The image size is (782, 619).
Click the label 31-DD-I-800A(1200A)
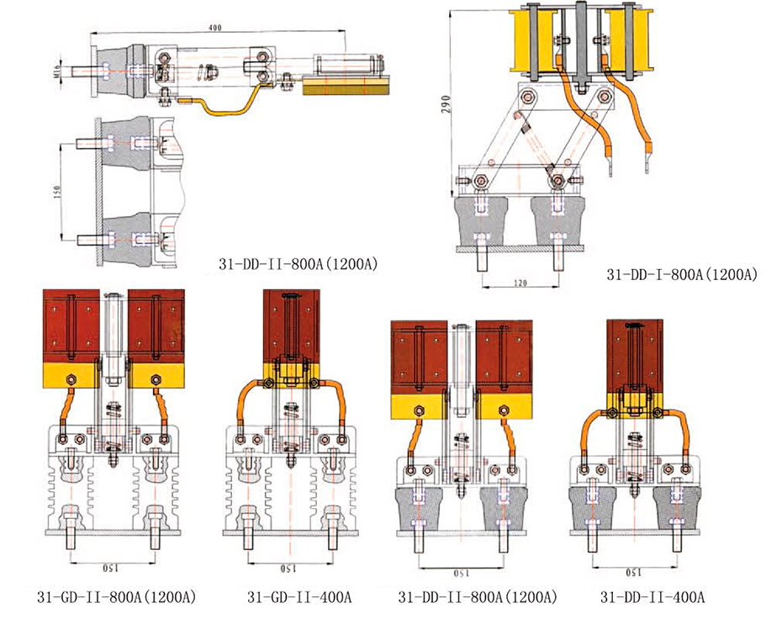pos(682,274)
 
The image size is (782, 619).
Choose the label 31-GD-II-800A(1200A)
pos(117,598)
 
